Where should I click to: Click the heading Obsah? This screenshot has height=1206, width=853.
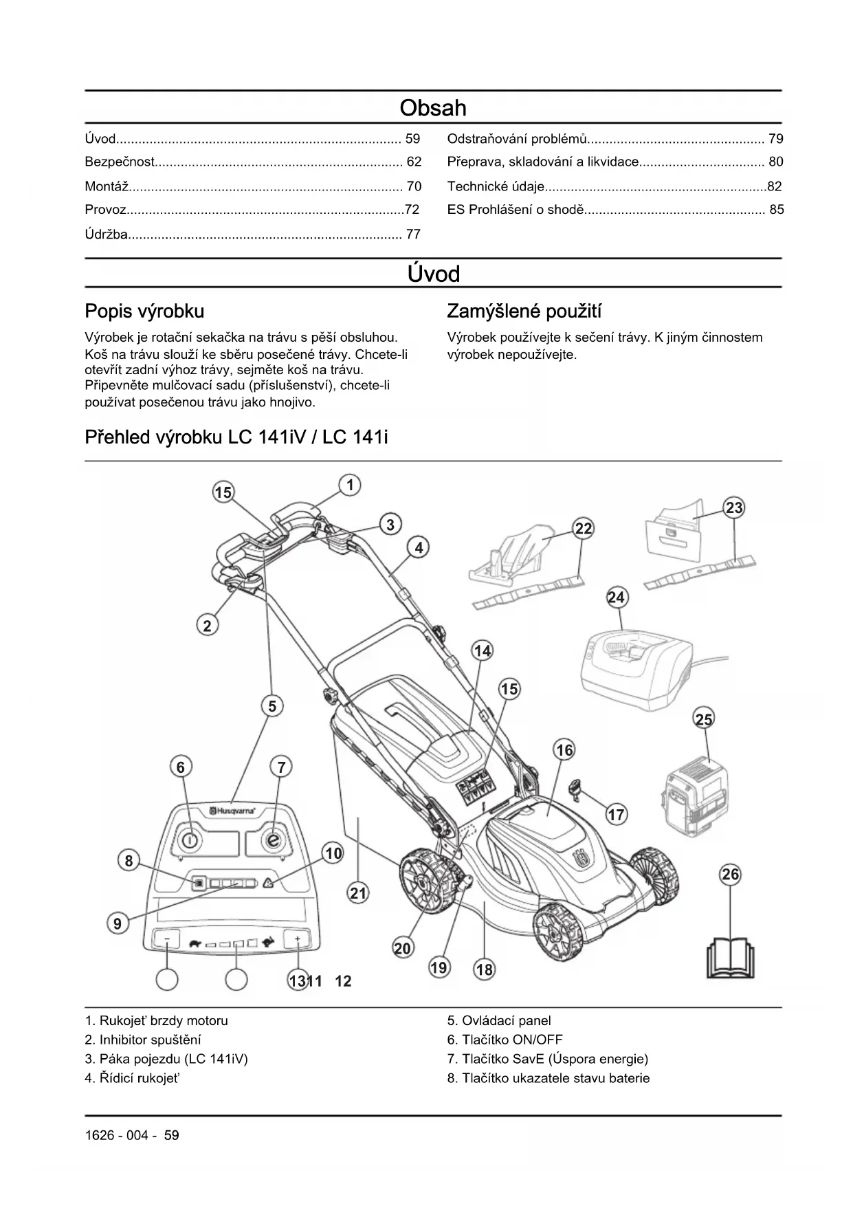tap(433, 108)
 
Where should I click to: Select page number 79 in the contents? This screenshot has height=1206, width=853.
tap(775, 139)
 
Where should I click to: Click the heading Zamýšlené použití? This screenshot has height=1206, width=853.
tap(524, 311)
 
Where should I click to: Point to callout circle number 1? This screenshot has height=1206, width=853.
tap(350, 485)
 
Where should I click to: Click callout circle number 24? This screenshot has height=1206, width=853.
tap(616, 597)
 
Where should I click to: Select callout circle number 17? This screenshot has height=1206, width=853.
tap(616, 815)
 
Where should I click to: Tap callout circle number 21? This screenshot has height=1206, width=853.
tap(358, 893)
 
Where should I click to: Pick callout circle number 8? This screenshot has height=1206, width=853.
tap(129, 860)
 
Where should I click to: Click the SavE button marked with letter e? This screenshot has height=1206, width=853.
tap(274, 840)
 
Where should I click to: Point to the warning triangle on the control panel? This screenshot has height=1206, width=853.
tap(267, 884)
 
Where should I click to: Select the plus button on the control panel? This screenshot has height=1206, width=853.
tap(298, 939)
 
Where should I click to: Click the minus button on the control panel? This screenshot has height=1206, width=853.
tap(167, 939)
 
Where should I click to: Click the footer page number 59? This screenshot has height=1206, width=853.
tap(171, 1135)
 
